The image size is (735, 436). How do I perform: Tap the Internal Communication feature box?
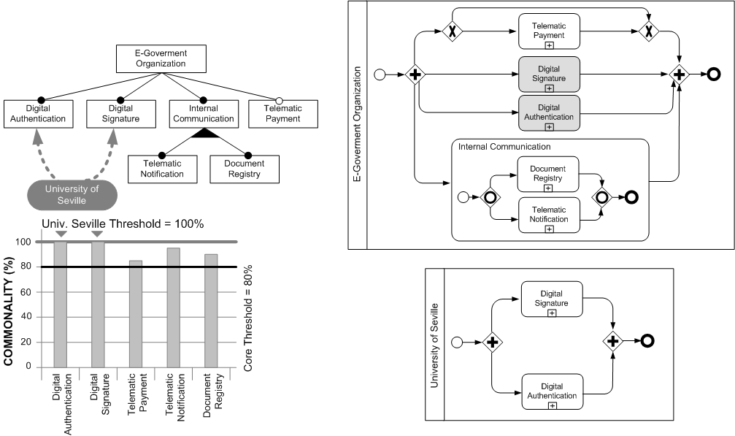(198, 113)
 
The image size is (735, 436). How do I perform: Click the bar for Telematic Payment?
(135, 314)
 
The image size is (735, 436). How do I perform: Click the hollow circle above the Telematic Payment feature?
(277, 99)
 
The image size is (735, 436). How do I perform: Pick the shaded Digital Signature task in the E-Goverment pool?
(548, 74)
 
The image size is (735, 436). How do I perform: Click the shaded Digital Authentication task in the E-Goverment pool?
(548, 112)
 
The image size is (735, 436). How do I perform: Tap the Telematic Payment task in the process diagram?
(548, 31)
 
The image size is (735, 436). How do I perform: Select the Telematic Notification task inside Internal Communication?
(548, 214)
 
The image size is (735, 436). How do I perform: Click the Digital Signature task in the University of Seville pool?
(551, 299)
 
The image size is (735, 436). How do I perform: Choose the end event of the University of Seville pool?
(647, 340)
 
